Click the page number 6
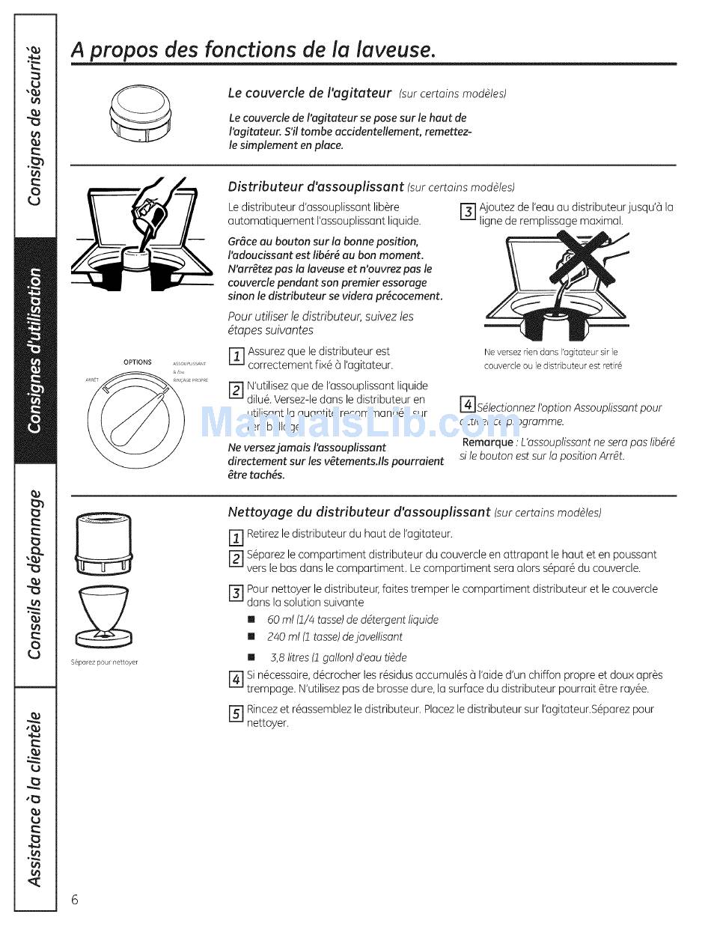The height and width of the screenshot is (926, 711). coord(75,900)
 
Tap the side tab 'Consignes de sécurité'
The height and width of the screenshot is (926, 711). coord(34,125)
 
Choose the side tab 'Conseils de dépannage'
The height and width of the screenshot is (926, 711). coord(34,574)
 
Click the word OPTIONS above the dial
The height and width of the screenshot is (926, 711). coord(137,362)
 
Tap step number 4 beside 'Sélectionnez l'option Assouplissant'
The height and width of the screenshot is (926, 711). coord(468,406)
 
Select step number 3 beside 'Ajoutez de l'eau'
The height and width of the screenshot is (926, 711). coord(468,212)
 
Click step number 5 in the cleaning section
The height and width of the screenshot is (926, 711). coord(235,713)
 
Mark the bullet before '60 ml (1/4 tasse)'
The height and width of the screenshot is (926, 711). coord(251,620)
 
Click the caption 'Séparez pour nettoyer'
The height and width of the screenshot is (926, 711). coord(105,662)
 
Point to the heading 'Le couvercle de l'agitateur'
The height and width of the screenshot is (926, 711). coord(309,93)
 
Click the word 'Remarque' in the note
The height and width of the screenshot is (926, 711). coord(487,442)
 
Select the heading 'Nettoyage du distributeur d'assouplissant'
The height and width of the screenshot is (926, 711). coord(358,512)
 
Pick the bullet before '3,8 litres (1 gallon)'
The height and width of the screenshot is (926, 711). coord(251,657)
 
